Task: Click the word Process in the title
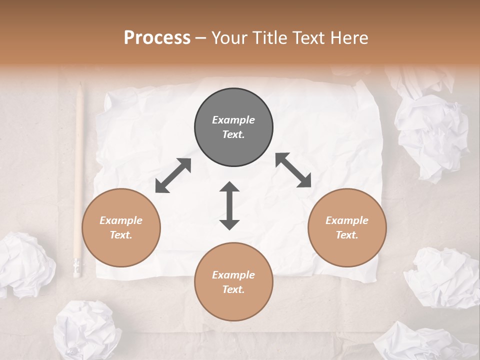pos(157,38)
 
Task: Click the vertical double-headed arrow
pos(229,205)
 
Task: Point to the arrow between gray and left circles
pos(173,175)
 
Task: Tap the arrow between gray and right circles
pos(293,170)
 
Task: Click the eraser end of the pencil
pos(77,267)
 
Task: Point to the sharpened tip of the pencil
pos(80,87)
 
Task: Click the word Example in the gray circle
pos(233,120)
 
